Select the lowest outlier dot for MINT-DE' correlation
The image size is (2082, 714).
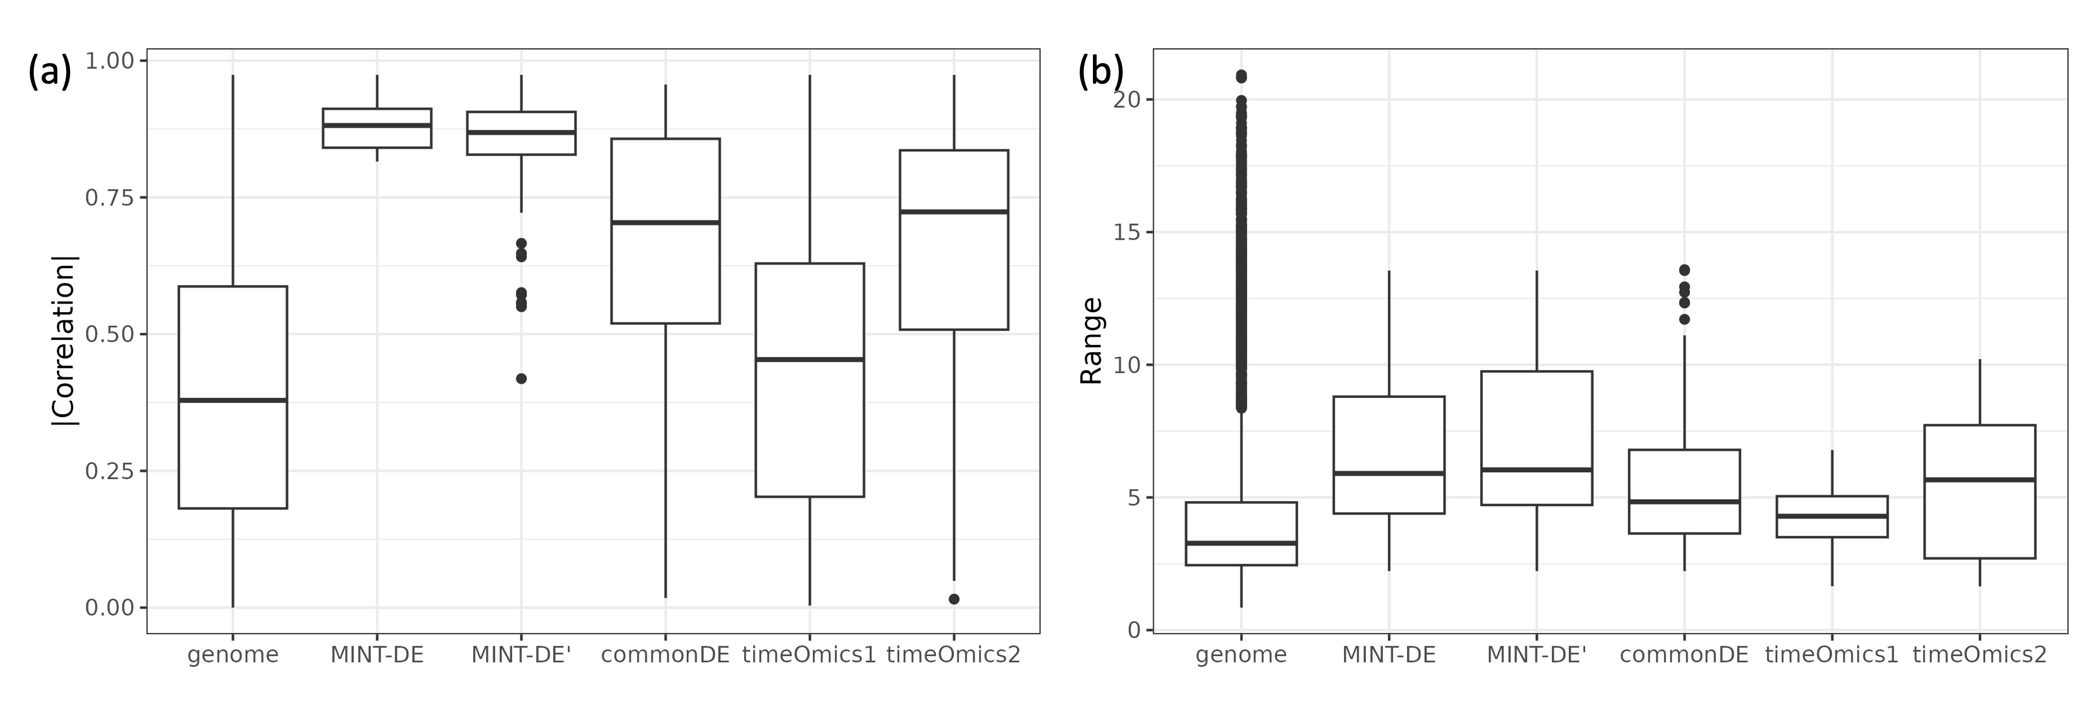point(521,378)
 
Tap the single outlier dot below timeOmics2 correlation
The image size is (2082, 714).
point(954,599)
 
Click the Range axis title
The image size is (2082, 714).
point(1091,340)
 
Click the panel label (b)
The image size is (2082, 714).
point(1101,72)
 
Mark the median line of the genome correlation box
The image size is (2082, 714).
point(233,400)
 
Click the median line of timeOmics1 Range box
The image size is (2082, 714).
point(1832,516)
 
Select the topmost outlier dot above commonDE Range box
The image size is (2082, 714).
point(1685,270)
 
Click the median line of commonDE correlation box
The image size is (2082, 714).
point(665,222)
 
